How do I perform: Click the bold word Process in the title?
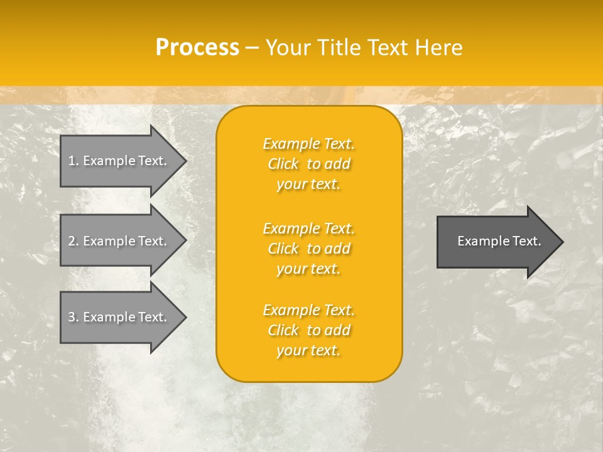point(197,48)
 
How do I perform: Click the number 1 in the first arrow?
point(72,161)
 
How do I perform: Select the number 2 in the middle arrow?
point(72,241)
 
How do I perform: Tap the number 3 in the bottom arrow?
point(72,317)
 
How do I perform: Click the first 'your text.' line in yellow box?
point(308,185)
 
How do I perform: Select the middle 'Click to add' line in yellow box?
point(308,249)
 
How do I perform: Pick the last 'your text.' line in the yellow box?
point(308,350)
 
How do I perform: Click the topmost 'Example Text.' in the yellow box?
point(308,144)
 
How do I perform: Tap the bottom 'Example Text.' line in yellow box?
point(308,310)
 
